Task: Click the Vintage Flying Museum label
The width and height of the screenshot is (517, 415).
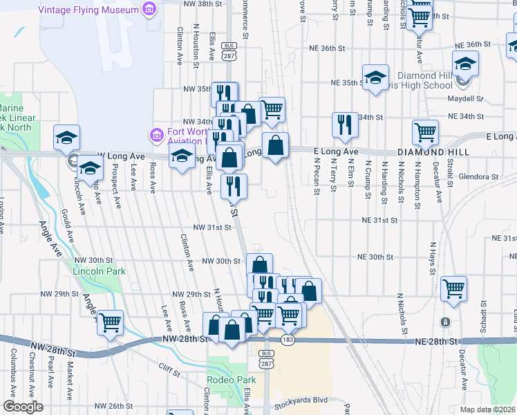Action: coord(88,10)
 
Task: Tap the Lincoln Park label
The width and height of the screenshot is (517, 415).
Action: coord(99,271)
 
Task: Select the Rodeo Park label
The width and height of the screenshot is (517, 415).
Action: coord(231,380)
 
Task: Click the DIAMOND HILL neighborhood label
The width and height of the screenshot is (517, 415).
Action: coord(433,151)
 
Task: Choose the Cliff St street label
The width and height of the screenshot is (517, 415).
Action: coord(169,370)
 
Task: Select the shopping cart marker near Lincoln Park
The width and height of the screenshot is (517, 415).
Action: coord(111,322)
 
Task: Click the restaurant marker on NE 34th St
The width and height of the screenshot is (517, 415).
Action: coord(345,124)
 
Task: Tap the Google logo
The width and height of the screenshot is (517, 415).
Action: coord(23,407)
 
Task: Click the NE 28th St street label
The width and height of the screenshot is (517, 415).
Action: coord(437,342)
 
